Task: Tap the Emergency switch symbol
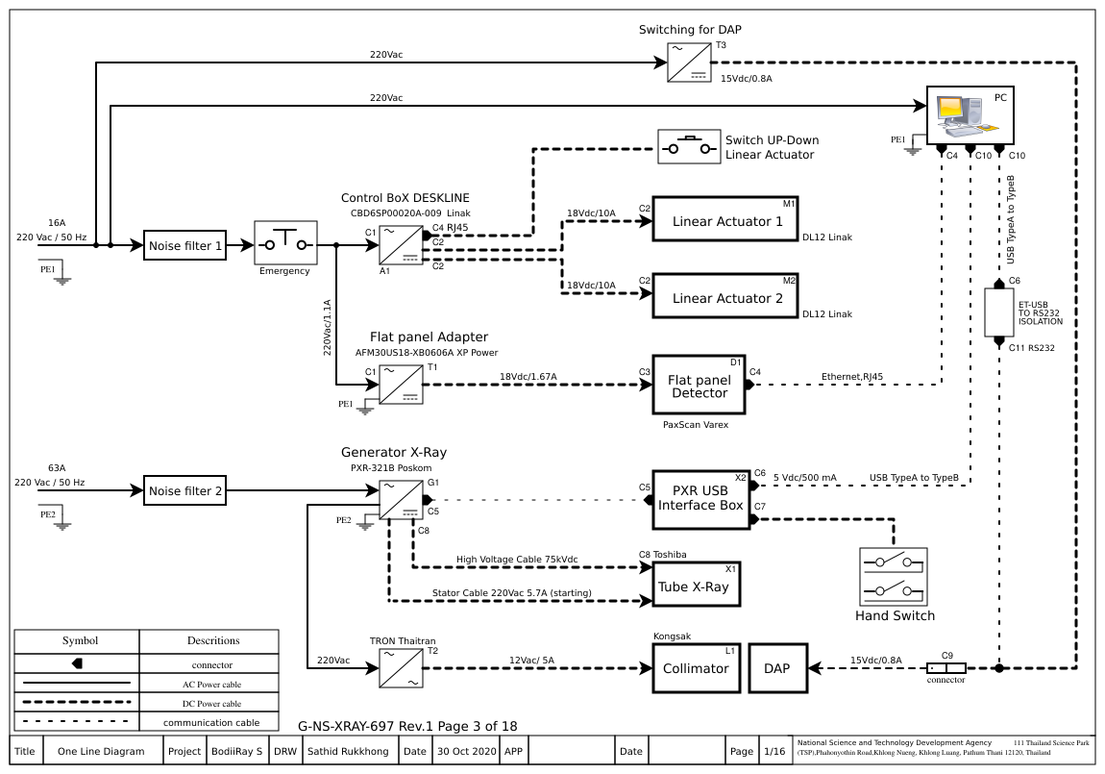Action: (x=284, y=243)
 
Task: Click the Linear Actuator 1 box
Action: (x=726, y=221)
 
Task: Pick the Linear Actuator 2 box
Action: (x=726, y=296)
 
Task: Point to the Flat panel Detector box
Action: (x=700, y=386)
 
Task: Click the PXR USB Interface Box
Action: (x=700, y=500)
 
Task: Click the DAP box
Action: (x=777, y=668)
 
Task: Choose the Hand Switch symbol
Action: (x=894, y=576)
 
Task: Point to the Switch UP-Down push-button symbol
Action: (x=688, y=148)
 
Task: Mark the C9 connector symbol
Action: (x=945, y=667)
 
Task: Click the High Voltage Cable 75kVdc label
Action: (x=516, y=560)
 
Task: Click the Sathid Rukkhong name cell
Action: (x=348, y=751)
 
